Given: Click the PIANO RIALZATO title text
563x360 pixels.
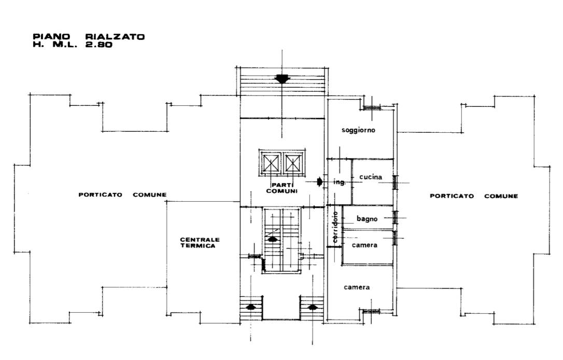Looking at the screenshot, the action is click(89, 37).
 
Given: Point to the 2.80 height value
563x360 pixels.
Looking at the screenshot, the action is click(98, 45).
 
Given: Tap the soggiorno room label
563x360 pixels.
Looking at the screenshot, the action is click(358, 130).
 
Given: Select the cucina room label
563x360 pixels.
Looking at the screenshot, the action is click(371, 177).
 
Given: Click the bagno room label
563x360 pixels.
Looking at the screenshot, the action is click(367, 219).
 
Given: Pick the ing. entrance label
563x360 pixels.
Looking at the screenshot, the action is click(339, 182).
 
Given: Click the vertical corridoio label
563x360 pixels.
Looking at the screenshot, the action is click(335, 227).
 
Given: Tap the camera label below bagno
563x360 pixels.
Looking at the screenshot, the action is click(364, 245).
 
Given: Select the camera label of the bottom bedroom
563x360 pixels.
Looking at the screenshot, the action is click(357, 287).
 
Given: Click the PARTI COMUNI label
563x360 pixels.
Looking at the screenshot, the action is click(282, 188).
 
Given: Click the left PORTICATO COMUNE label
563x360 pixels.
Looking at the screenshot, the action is click(122, 195).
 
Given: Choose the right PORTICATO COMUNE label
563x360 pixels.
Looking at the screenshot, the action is click(474, 196).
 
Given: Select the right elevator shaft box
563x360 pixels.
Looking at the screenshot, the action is click(293, 164).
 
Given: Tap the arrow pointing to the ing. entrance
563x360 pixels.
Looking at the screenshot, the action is click(320, 182).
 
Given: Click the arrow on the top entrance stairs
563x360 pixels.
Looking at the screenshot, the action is click(282, 79).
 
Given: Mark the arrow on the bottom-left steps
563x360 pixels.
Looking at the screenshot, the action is click(250, 307).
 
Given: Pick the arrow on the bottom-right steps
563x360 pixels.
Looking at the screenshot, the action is click(312, 307).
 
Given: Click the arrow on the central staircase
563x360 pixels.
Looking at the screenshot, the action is click(272, 239).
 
